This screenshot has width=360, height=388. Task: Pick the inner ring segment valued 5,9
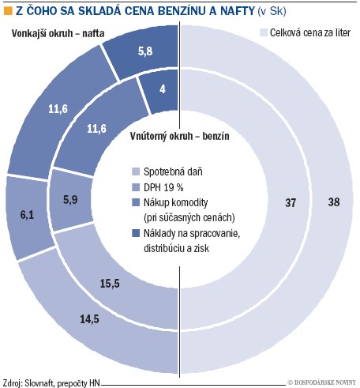69,200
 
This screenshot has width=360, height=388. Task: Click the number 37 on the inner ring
291,202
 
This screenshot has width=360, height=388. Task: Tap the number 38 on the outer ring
334,202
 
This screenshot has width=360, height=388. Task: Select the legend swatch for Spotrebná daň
136,172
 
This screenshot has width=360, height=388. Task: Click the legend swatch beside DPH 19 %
136,187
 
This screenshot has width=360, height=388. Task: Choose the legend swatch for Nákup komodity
136,202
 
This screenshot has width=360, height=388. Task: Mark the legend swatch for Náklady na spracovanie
136,233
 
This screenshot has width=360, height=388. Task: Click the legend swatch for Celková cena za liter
264,32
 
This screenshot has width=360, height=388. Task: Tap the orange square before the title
9,11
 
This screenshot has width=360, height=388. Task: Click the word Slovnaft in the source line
39,383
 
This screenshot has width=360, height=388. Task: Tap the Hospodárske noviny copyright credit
321,382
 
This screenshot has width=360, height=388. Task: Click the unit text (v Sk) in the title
272,11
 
